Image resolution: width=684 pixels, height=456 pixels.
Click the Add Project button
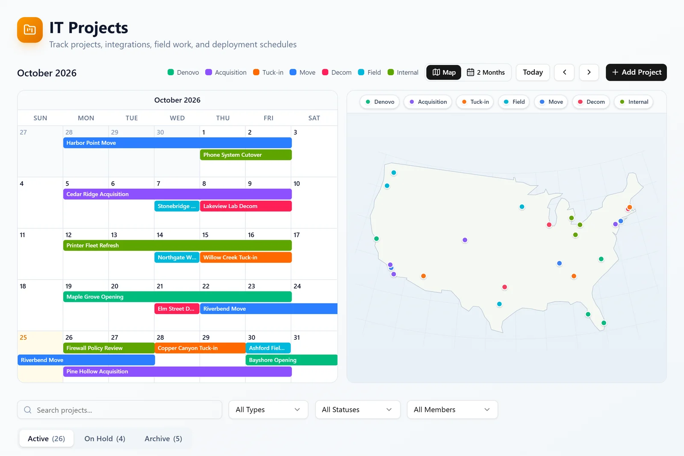(636, 72)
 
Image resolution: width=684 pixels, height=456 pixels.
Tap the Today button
(533, 72)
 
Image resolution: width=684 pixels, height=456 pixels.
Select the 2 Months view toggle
(486, 72)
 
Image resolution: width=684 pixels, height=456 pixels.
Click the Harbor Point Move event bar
(177, 143)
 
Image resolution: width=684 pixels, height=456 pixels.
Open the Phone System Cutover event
(246, 155)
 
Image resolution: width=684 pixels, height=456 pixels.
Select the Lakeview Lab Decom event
(246, 206)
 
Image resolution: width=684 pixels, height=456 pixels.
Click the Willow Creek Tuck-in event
(246, 257)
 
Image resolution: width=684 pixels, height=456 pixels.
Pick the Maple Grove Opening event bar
(177, 297)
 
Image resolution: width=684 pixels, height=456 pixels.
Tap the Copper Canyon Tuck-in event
(200, 348)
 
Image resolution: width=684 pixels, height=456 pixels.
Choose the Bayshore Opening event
(292, 360)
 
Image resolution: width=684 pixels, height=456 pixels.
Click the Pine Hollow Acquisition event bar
(177, 371)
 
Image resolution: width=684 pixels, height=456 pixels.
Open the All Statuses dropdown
(357, 409)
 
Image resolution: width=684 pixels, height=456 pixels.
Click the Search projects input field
(120, 409)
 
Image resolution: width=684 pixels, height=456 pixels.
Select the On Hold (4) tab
(105, 438)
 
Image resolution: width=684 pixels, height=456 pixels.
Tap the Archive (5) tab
(163, 438)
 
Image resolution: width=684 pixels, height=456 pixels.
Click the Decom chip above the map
(591, 102)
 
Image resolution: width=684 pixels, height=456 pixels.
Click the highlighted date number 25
(23, 337)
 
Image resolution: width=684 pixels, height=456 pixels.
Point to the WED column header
(177, 118)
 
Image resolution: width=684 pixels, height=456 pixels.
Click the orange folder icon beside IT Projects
(30, 30)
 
